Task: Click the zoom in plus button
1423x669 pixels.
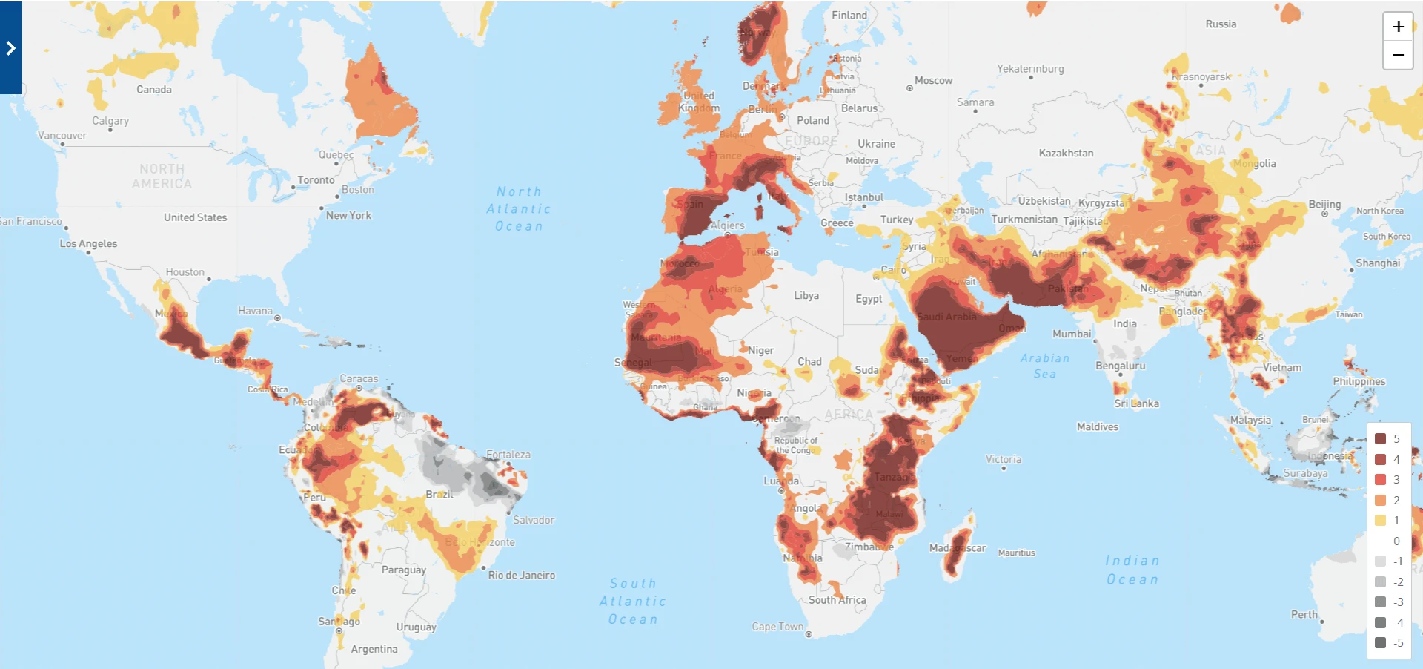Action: pos(1398,27)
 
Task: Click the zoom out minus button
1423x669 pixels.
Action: pos(1398,55)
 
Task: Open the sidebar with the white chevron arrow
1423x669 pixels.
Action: pos(10,48)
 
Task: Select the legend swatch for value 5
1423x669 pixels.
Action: pos(1380,439)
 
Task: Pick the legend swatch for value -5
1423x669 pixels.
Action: pos(1380,643)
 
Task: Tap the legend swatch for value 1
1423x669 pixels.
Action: pos(1380,521)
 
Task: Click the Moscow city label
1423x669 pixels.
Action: pos(933,81)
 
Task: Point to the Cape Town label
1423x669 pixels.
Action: pos(777,627)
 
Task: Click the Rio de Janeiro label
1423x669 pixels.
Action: pos(521,576)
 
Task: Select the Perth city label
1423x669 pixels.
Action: pos(1304,615)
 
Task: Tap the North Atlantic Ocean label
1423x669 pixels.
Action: pos(519,209)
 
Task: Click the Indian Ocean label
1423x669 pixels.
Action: pos(1132,570)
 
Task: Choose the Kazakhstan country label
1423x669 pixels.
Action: pos(1066,154)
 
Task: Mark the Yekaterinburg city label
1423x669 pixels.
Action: pos(1030,69)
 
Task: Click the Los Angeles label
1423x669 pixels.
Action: pos(88,244)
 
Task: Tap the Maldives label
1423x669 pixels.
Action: pos(1098,427)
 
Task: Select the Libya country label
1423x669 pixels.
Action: pos(806,296)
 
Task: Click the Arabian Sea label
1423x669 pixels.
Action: pos(1045,366)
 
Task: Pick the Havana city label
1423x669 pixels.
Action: pos(255,312)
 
